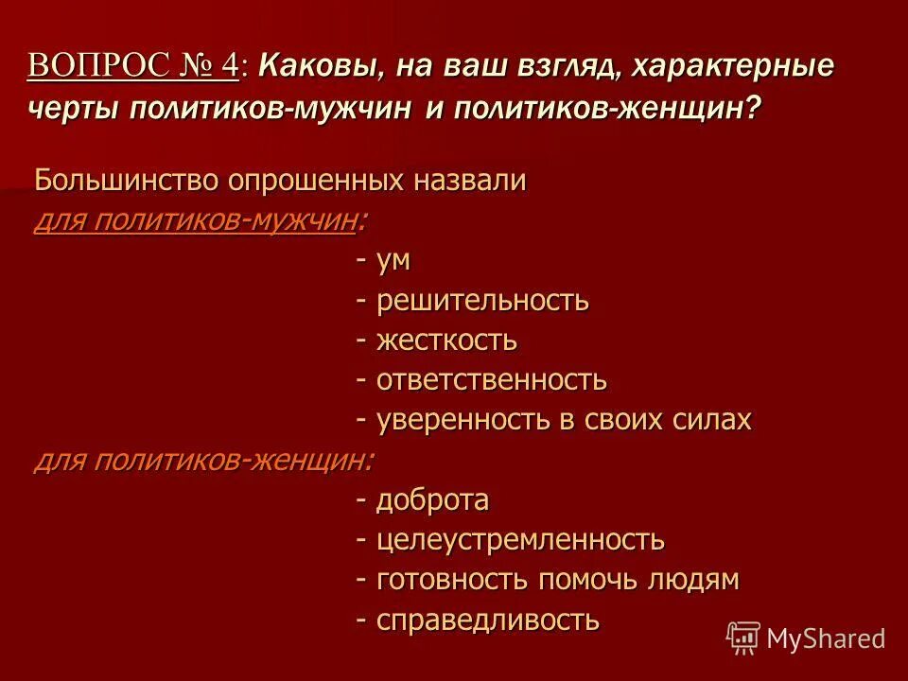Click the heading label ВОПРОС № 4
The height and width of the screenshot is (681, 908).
(x=134, y=66)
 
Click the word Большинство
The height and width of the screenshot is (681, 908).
(x=124, y=180)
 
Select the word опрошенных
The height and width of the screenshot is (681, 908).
(x=312, y=180)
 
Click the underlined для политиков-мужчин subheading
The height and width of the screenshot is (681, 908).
(x=196, y=221)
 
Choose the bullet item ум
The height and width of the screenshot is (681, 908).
(x=393, y=261)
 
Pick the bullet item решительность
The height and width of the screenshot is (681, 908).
(x=482, y=301)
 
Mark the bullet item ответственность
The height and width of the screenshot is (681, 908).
(x=492, y=380)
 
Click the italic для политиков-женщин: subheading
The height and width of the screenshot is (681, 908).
(x=203, y=461)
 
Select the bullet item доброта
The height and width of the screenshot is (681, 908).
(x=432, y=500)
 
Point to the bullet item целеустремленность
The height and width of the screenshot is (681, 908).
(x=520, y=540)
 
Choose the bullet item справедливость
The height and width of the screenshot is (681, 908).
(x=488, y=620)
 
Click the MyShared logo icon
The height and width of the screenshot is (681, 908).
(x=743, y=638)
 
